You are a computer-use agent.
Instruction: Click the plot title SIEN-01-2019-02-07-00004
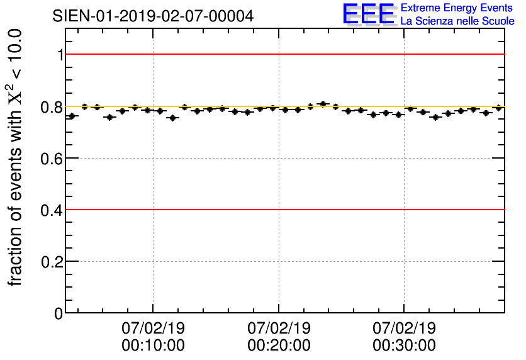point(153,16)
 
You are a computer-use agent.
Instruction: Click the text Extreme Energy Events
point(457,8)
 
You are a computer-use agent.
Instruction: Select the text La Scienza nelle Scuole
point(457,21)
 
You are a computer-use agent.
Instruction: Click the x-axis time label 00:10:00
point(154,346)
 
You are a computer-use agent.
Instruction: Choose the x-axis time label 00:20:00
point(279,346)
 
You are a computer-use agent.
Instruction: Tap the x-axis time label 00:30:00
point(404,346)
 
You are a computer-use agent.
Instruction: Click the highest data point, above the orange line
point(323,104)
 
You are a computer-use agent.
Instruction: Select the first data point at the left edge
point(72,116)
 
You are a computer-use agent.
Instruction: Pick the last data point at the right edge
point(498,108)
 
